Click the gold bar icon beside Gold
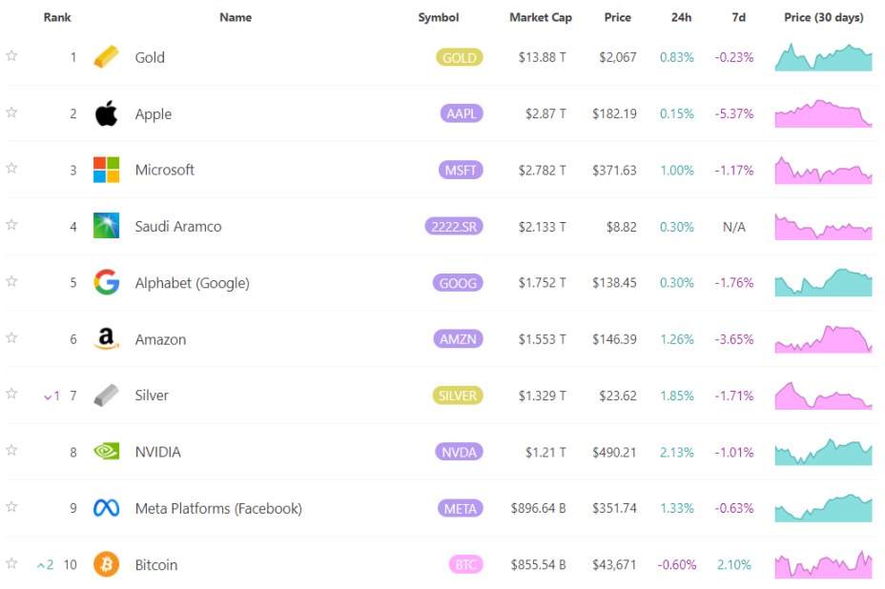[x=107, y=57]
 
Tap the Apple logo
[x=106, y=114]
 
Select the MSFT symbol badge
[x=460, y=171]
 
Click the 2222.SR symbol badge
[x=454, y=227]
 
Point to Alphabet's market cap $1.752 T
[x=542, y=283]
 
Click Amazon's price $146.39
[x=614, y=339]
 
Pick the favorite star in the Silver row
[x=11, y=394]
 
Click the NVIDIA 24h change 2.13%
[x=676, y=452]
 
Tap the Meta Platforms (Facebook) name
[x=218, y=508]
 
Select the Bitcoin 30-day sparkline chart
[x=823, y=564]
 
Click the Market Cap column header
[x=540, y=17]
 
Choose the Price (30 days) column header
[x=823, y=17]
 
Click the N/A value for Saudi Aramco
[x=734, y=227]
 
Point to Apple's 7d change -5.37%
[x=734, y=114]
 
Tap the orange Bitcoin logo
[x=106, y=564]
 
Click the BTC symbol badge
[x=465, y=565]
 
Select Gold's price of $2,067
[x=617, y=57]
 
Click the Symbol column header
[x=438, y=17]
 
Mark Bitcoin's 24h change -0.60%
[x=676, y=564]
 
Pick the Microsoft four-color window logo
[x=106, y=170]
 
